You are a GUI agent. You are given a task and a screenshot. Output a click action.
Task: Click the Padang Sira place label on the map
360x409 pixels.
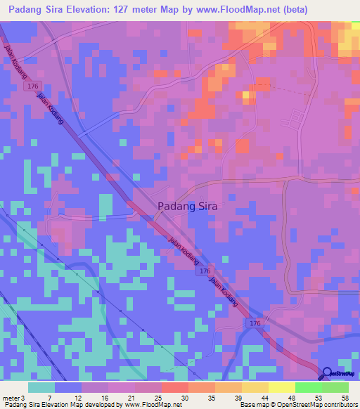click(187, 207)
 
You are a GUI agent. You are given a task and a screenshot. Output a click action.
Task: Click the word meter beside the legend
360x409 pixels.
click(11, 398)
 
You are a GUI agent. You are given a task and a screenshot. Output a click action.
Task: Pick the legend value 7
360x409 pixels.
click(41, 398)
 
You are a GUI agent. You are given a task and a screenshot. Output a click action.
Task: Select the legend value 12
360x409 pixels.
click(68, 398)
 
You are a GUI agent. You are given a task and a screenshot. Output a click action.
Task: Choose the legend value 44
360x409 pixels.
click(255, 398)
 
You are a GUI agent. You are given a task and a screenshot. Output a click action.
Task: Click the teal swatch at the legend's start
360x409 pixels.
click(41, 387)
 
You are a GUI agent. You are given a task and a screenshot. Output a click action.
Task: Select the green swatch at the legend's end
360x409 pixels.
click(335, 387)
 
